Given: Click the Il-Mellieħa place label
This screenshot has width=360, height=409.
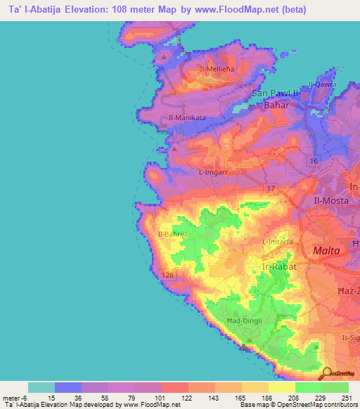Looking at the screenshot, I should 216,68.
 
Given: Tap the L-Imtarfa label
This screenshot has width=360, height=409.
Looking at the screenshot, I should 277,242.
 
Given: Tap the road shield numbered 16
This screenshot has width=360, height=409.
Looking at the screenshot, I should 314,162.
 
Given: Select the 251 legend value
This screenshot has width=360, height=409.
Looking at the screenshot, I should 346,397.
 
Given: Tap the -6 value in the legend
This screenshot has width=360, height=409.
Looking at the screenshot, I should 29,397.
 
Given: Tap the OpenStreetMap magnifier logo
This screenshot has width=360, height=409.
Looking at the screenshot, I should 328,374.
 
